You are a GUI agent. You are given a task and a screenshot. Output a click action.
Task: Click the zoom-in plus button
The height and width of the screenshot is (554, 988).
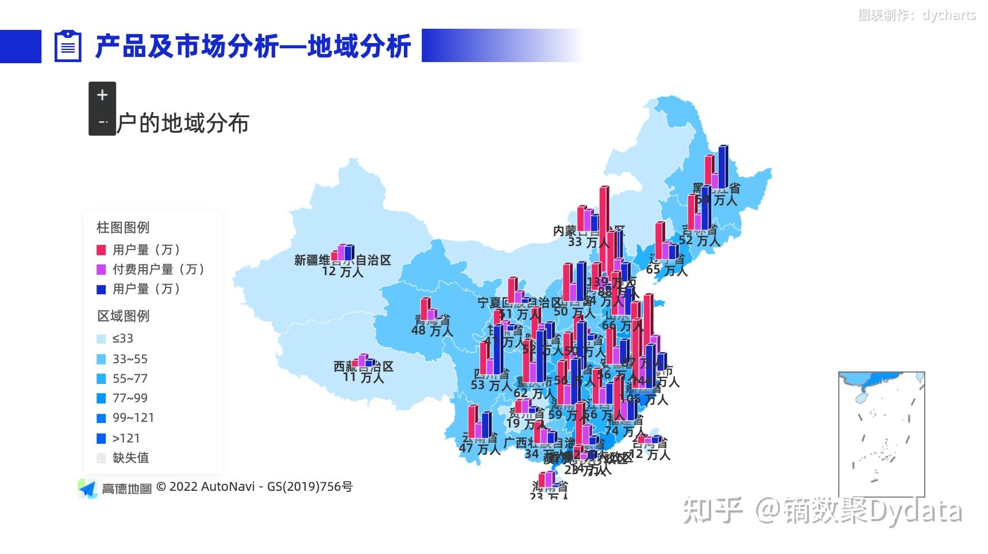coord(102,95)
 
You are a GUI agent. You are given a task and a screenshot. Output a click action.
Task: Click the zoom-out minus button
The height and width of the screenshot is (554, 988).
coord(102,122)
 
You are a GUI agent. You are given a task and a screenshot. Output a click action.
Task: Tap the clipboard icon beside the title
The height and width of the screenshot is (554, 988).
coord(68,46)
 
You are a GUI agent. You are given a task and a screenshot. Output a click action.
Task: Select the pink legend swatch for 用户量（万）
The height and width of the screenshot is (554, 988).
coord(101,250)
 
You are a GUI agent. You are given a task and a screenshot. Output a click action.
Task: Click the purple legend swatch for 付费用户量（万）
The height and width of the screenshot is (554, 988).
coord(101,270)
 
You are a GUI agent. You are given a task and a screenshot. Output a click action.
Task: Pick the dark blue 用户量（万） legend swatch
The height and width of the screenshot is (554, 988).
coord(101,289)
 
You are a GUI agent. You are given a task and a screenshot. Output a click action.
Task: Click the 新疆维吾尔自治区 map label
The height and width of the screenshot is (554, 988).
coord(342,260)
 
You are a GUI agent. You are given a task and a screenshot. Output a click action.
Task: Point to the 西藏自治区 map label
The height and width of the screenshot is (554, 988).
coord(364,367)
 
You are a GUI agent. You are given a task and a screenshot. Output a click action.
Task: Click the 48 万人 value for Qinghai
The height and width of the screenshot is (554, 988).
coord(432,330)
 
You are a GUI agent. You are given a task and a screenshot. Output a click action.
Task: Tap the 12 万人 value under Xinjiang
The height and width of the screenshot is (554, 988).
coord(342,271)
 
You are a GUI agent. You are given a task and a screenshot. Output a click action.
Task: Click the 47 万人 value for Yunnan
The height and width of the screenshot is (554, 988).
coord(481,449)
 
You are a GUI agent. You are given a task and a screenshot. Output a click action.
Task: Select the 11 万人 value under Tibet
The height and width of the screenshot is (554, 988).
coord(363,378)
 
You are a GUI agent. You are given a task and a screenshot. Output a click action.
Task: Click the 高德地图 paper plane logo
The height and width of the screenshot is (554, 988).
coord(88,488)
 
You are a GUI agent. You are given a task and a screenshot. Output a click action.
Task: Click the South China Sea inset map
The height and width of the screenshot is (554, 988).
coord(881,434)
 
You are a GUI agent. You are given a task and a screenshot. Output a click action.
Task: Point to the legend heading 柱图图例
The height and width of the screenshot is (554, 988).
coord(123,228)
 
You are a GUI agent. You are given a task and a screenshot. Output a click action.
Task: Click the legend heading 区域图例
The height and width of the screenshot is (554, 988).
coord(123,316)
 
